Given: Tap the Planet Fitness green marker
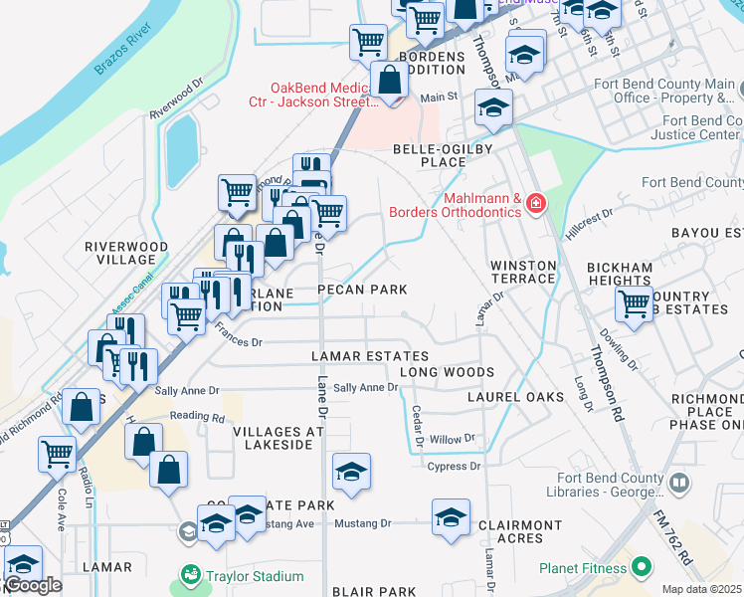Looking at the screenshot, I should [x=641, y=568].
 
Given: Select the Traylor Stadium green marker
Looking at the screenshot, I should [x=189, y=575].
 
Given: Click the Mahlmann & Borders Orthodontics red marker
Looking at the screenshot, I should [x=537, y=204].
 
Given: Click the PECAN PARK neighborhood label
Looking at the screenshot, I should [x=362, y=290].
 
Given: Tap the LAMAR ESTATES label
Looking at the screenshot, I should [x=369, y=356].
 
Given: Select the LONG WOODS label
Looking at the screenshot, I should [x=447, y=372].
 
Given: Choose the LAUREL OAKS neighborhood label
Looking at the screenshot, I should [x=516, y=396].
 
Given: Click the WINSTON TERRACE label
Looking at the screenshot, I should [x=521, y=272].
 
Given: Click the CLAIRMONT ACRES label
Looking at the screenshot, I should [x=520, y=531].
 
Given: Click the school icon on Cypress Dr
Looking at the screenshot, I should [x=351, y=474].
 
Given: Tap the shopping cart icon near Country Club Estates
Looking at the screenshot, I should [x=634, y=304].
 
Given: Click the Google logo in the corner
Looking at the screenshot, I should [x=33, y=585].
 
